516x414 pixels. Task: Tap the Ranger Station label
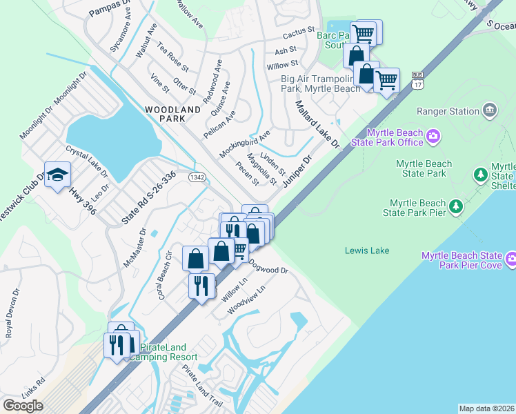tap(448, 111)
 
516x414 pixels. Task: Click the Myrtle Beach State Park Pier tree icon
tap(455, 206)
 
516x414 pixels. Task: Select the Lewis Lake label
tap(367, 250)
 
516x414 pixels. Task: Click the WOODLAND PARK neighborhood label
tap(164, 114)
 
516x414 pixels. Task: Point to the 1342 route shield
tap(197, 177)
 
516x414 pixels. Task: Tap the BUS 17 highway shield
tap(417, 79)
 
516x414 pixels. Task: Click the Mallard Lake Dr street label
tap(318, 125)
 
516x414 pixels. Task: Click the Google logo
tap(23, 406)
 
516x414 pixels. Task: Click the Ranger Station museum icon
tap(489, 110)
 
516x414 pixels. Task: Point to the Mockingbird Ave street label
tap(245, 143)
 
